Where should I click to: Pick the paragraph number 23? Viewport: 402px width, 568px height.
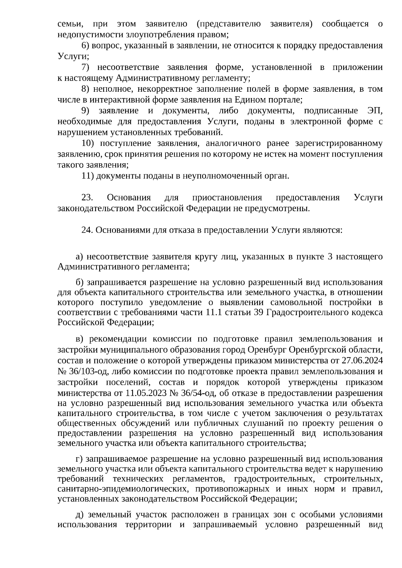pyautogui.click(x=87, y=197)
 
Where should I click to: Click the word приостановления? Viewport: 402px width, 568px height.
pyautogui.click(x=227, y=197)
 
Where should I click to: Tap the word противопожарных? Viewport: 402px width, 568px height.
pyautogui.click(x=230, y=489)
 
